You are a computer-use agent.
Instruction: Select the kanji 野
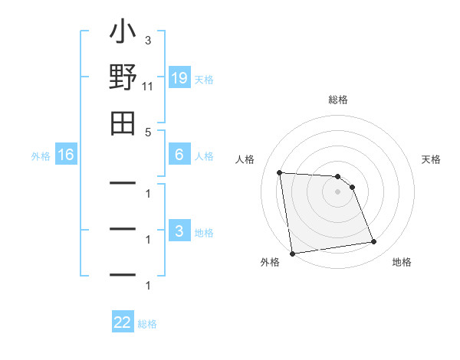(123, 79)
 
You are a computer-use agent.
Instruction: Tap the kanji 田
(123, 122)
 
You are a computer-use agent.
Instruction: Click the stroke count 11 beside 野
(148, 87)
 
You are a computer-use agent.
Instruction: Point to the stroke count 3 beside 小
(147, 40)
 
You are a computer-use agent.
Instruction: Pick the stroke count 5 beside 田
(147, 132)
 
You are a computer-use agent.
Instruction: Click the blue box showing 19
(179, 78)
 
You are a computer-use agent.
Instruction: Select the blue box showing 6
(179, 155)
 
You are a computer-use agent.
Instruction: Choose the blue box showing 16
(66, 155)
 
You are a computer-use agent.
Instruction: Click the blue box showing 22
(123, 322)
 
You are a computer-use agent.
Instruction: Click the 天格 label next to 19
(204, 79)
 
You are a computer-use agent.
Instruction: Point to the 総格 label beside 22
(147, 324)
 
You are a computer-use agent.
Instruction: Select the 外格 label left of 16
(41, 156)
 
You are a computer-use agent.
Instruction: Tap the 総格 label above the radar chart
(337, 100)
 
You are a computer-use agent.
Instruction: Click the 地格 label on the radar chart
(402, 262)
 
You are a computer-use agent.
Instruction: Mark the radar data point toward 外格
(292, 254)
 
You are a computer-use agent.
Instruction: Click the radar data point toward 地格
(374, 242)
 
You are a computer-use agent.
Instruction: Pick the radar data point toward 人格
(280, 172)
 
